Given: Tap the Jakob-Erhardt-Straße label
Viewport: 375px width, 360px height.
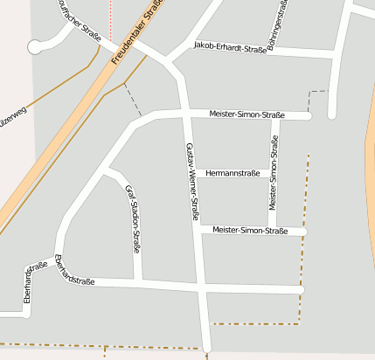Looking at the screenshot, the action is (230, 47).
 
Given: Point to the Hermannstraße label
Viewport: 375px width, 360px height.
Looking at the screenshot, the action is (233, 174).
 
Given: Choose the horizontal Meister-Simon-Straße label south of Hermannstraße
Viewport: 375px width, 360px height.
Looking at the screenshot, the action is (250, 231).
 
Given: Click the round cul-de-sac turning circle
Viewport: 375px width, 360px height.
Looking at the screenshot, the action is (35, 46).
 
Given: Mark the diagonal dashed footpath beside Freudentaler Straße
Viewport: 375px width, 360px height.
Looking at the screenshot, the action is (132, 100).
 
